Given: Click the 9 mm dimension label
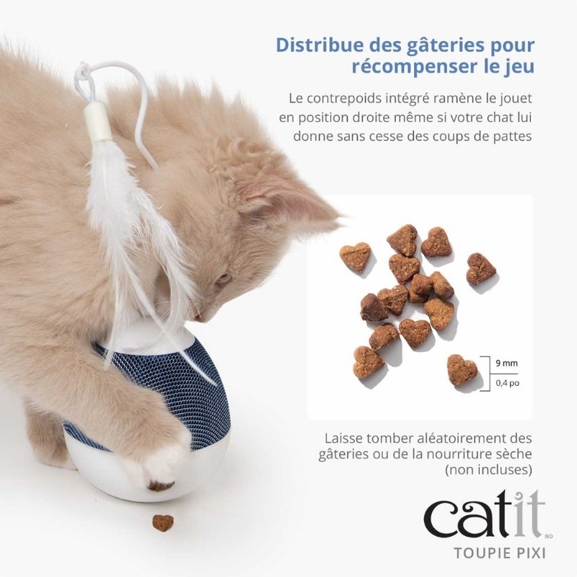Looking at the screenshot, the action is tap(506, 364).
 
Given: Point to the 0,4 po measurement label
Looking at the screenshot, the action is tap(507, 383).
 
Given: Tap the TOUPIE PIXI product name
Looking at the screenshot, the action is tap(499, 552).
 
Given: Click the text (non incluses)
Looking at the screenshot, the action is tap(488, 470).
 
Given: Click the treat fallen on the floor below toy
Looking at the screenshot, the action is tap(163, 522).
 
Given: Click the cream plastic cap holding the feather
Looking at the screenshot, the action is tap(98, 122).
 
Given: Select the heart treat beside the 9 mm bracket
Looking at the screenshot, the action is tap(462, 370).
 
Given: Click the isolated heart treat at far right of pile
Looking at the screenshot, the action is tap(481, 268).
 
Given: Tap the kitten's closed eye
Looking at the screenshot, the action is tap(223, 278).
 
